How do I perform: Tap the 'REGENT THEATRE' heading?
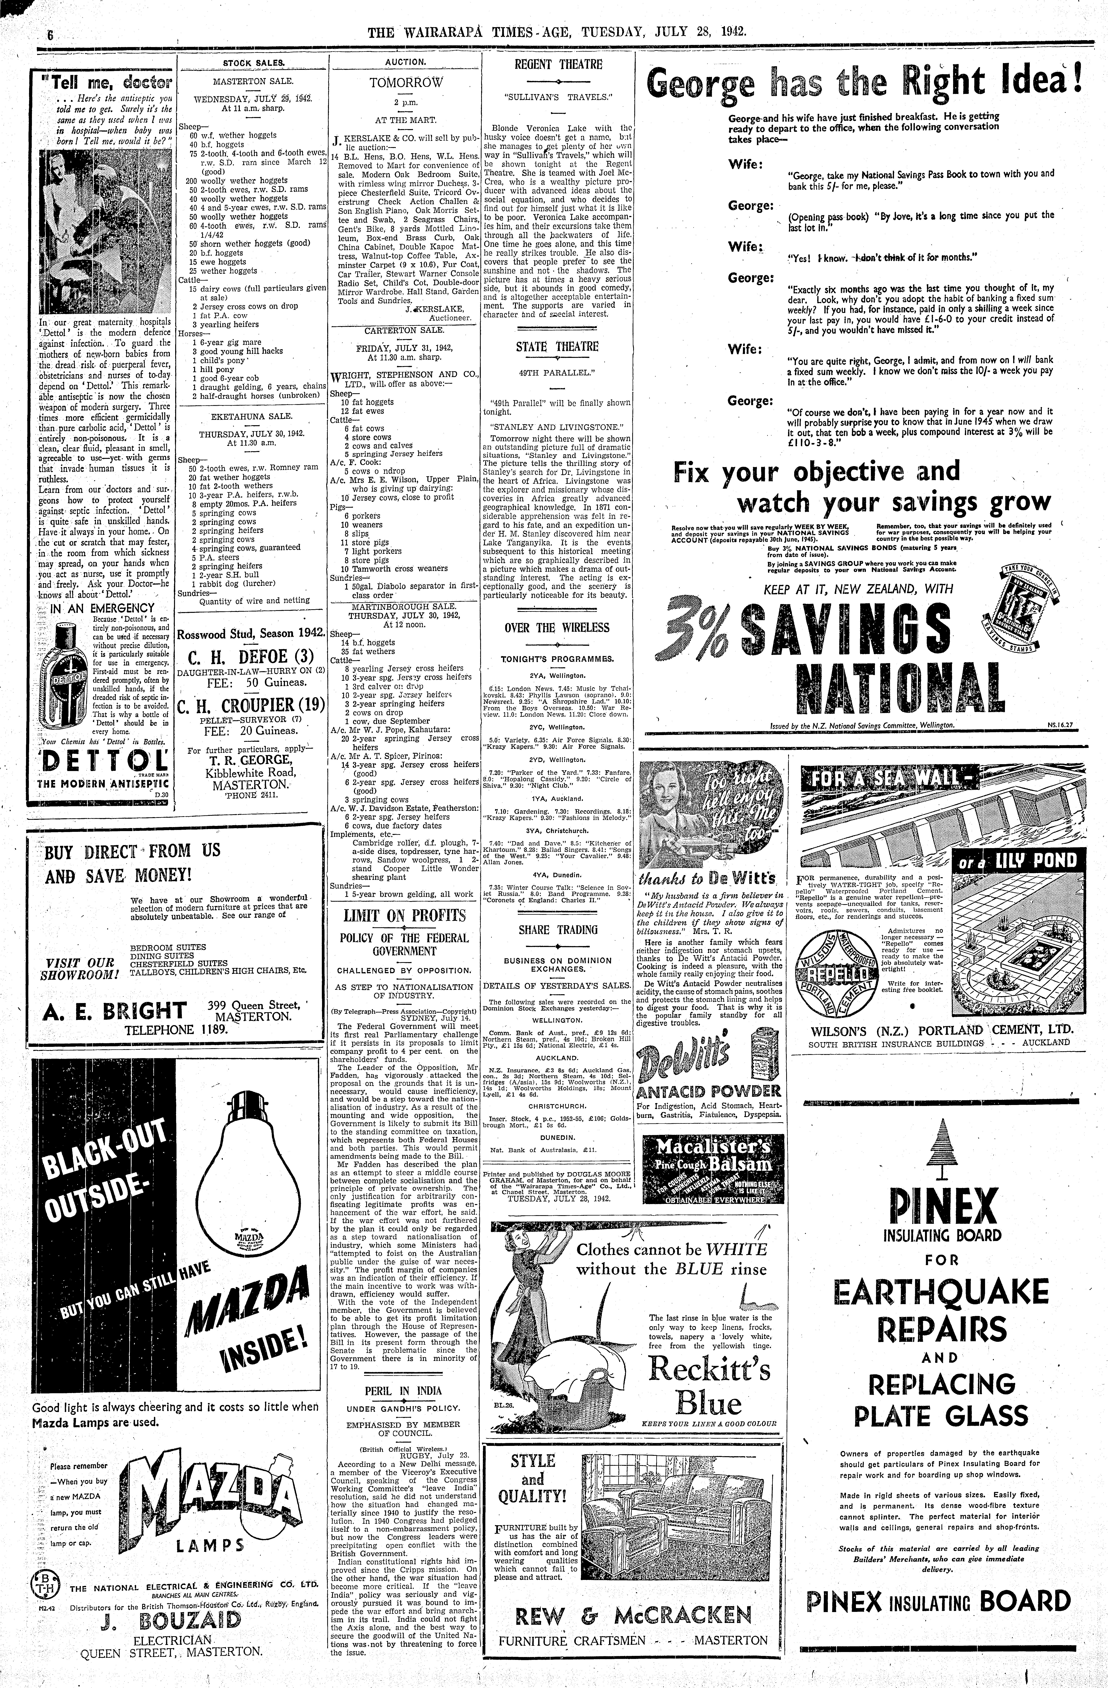coord(559,64)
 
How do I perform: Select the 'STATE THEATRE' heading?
coord(557,347)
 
